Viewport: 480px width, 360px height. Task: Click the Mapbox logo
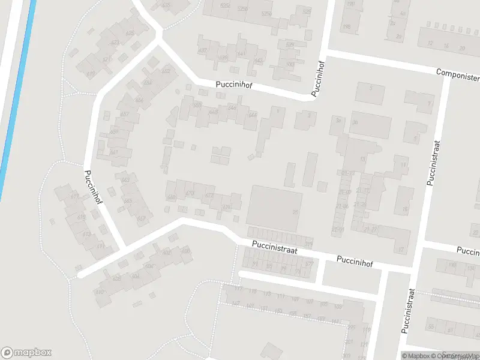26,353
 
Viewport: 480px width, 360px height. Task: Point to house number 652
166,72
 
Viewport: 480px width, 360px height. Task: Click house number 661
113,152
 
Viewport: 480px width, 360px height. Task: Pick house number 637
202,50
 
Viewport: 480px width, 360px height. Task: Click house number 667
142,218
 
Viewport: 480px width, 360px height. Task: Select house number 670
190,193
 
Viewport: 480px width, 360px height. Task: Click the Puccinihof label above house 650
234,86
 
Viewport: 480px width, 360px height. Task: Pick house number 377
309,263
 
